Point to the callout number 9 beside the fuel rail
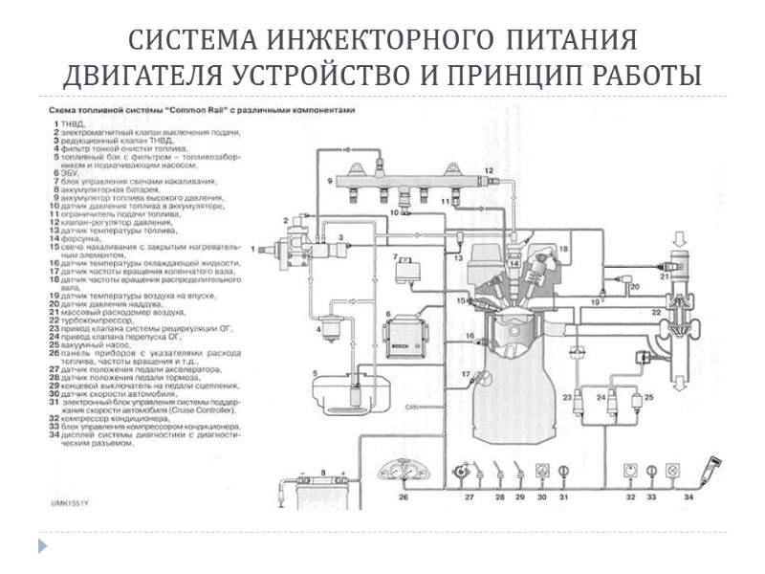[x=328, y=180]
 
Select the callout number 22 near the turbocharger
[x=657, y=313]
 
